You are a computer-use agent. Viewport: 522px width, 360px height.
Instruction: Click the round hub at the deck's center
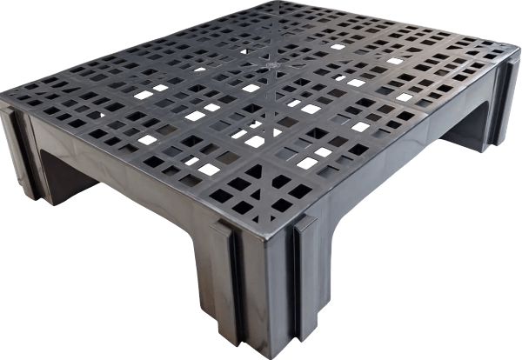pos(271,64)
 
